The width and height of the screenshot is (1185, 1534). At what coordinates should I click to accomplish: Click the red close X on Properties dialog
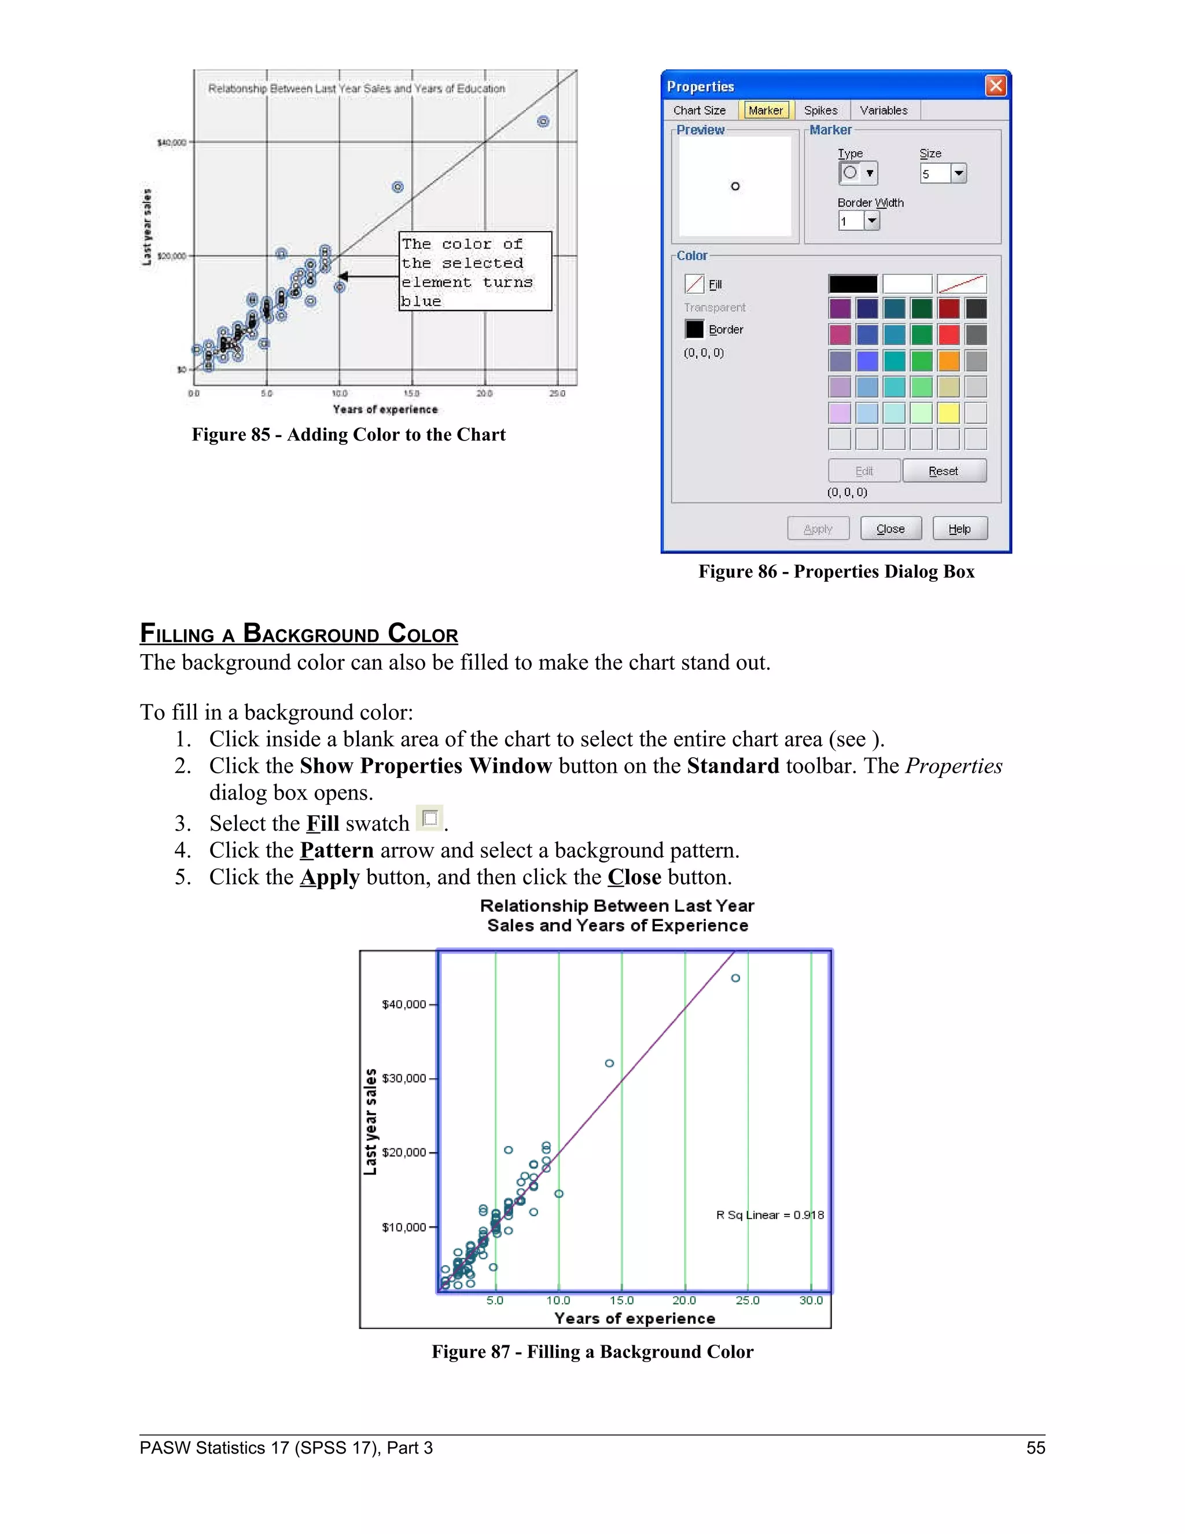pyautogui.click(x=995, y=86)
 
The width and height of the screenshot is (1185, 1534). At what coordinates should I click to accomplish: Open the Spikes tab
pyautogui.click(x=820, y=110)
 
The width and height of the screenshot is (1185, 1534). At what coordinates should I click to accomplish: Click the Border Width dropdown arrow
pyautogui.click(x=871, y=221)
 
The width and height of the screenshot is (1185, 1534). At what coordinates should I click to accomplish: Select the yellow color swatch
pyautogui.click(x=948, y=413)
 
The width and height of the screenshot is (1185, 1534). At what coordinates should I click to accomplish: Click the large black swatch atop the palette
pyautogui.click(x=852, y=284)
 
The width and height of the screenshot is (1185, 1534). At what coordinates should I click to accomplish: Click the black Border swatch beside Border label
pyautogui.click(x=694, y=329)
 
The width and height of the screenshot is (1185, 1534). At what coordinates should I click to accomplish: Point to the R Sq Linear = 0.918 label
pyautogui.click(x=770, y=1215)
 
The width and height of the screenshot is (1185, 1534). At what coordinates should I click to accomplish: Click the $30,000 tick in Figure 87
pyautogui.click(x=404, y=1078)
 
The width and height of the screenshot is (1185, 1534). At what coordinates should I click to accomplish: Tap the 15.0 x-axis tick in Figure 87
pyautogui.click(x=621, y=1300)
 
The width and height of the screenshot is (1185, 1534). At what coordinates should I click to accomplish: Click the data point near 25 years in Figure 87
pyautogui.click(x=735, y=978)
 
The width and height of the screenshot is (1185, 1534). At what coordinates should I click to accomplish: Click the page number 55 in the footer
pyautogui.click(x=1036, y=1448)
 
